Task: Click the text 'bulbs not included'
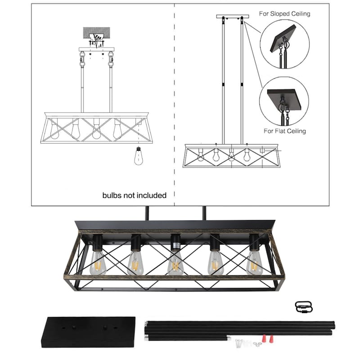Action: pyautogui.click(x=134, y=195)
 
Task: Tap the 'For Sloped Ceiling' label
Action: pyautogui.click(x=284, y=14)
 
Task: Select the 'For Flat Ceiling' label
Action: pyautogui.click(x=284, y=131)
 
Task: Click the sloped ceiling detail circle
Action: pyautogui.click(x=284, y=45)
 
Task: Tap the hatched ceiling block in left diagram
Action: pyautogui.click(x=96, y=33)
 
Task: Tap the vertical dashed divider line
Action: pyautogui.click(x=174, y=103)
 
